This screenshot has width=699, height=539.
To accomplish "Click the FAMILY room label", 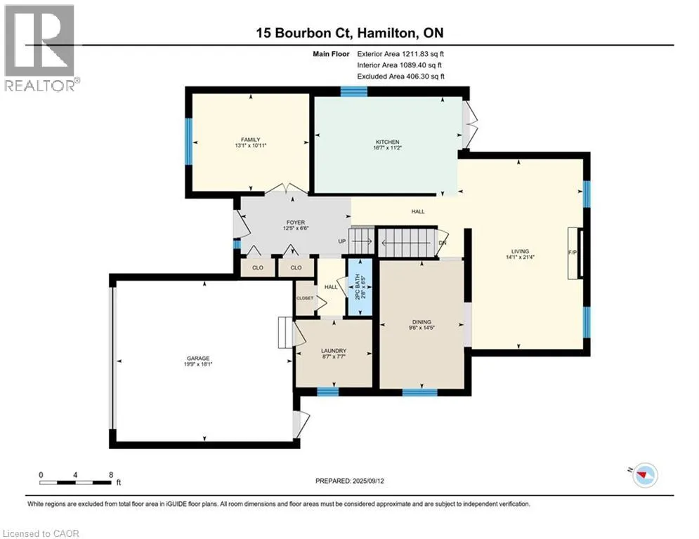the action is [x=251, y=140].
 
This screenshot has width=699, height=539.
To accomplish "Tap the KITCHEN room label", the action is [x=387, y=142].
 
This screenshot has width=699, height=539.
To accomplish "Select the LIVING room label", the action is [x=520, y=251].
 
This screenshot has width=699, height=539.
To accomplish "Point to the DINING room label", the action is [x=422, y=321].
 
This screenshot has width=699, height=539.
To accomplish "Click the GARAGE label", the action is [x=198, y=358].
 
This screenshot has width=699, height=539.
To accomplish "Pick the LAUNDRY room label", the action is [x=334, y=351].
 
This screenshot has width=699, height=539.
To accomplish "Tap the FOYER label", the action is [x=296, y=222].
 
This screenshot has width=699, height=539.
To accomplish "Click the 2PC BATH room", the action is [x=360, y=288].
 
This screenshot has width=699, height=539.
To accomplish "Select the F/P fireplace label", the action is [x=573, y=253].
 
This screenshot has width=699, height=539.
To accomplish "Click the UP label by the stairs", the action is [x=342, y=241].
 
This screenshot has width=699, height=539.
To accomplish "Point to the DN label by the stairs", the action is [x=442, y=243].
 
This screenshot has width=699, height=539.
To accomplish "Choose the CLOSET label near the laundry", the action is [x=305, y=298].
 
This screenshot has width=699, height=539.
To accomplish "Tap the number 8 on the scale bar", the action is [x=111, y=475].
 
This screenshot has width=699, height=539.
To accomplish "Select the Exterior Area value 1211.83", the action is [x=415, y=54].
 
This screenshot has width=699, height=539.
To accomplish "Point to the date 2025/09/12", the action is [x=368, y=481].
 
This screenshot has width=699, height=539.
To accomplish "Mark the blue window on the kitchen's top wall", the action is [x=354, y=91].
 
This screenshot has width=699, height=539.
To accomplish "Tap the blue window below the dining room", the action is [x=420, y=392].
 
